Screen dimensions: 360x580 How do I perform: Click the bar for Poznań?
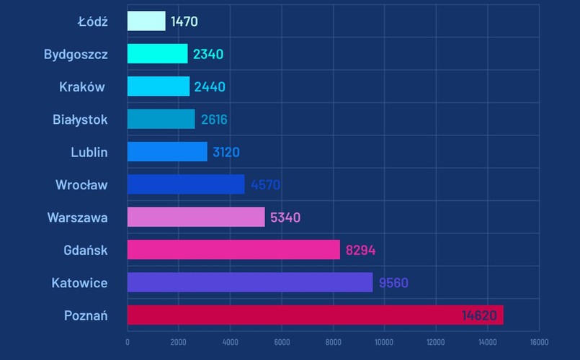[x=315, y=315]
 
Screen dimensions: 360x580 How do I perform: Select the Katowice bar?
[x=250, y=282]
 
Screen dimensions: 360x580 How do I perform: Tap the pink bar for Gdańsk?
[x=233, y=250]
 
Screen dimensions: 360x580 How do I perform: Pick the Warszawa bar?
[x=196, y=217]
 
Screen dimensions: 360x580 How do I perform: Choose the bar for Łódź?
[x=146, y=21]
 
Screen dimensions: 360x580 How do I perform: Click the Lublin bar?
[x=167, y=152]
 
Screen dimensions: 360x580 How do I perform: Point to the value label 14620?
[x=479, y=315]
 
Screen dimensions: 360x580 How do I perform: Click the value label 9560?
[x=393, y=283]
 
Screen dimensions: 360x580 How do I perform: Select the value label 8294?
[x=360, y=251]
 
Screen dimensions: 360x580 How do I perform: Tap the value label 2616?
[x=214, y=120]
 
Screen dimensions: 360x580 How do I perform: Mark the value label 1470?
[x=184, y=22]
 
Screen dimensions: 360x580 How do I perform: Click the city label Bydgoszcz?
[x=76, y=54]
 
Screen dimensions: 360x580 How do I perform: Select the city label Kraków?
[x=82, y=87]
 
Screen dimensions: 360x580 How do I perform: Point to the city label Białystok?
[x=80, y=120]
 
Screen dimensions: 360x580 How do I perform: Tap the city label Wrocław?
[x=81, y=185]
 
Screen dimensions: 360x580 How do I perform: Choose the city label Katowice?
[x=79, y=283]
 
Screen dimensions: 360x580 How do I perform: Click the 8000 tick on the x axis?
[x=333, y=342]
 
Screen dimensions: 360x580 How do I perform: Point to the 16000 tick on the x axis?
[x=538, y=342]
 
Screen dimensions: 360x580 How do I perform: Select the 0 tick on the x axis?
[x=128, y=342]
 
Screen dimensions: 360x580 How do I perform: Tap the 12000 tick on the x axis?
[x=436, y=342]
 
